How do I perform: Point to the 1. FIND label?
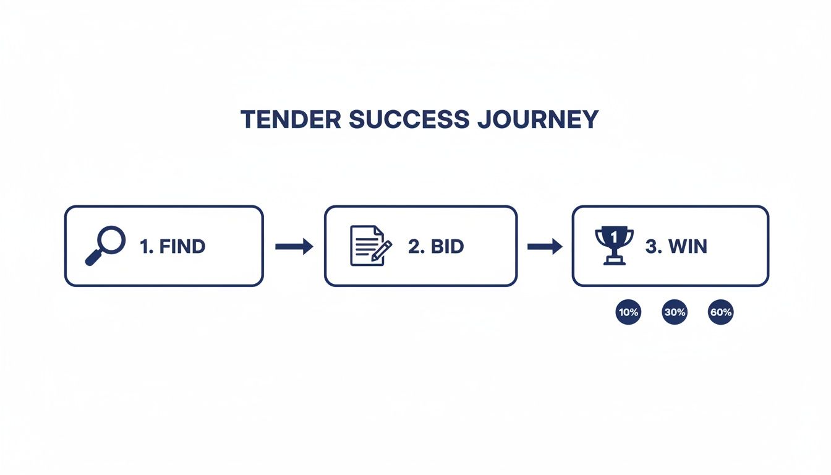[173, 246]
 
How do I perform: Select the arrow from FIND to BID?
[294, 247]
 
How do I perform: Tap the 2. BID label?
[436, 246]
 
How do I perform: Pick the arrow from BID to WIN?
[545, 247]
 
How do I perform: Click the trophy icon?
[614, 245]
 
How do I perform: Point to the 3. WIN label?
[676, 246]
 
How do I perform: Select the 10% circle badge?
[628, 312]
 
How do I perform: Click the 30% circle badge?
[675, 312]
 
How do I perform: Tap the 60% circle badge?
[721, 312]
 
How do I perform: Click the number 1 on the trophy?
[614, 236]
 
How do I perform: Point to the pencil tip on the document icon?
[373, 258]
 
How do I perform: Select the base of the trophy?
[614, 261]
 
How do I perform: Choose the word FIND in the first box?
[182, 246]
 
